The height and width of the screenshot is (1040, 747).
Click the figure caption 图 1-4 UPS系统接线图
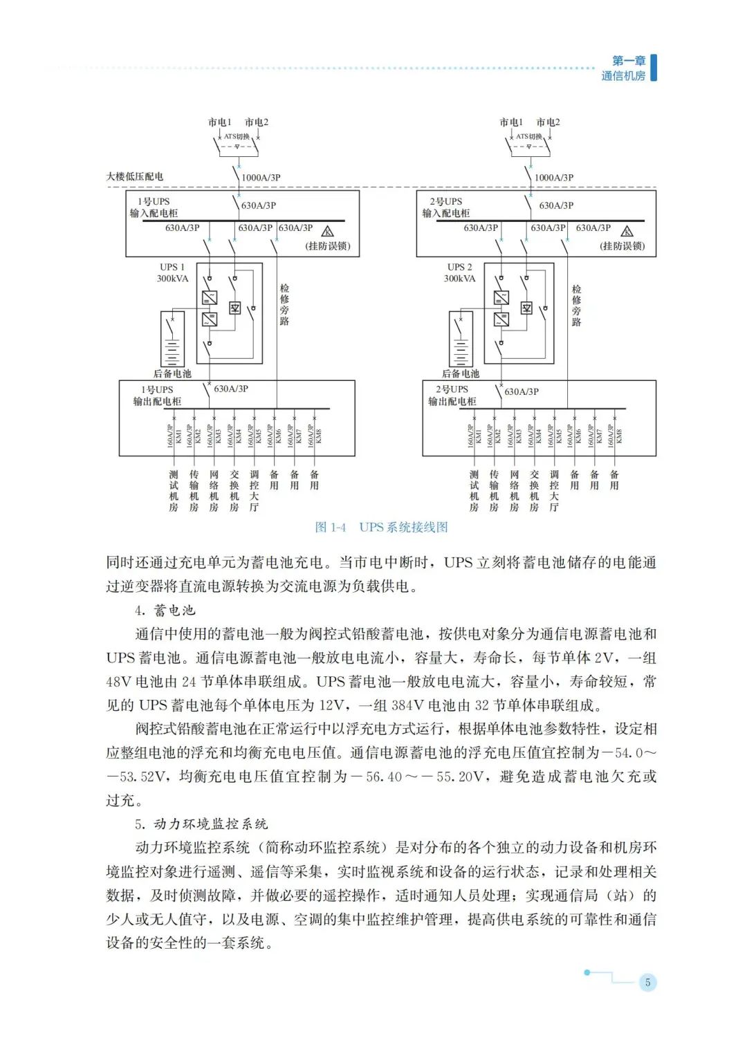coord(381,527)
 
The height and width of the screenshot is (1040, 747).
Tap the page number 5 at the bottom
coord(647,982)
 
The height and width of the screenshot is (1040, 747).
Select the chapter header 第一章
coord(628,61)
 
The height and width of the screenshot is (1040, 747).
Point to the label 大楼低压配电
coord(135,176)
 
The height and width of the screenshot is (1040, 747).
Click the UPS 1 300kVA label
coord(172,272)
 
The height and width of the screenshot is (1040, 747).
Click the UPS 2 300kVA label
coord(460,272)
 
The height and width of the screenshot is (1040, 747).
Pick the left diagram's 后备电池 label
coord(172,373)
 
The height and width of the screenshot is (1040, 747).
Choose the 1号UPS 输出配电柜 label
coord(157,396)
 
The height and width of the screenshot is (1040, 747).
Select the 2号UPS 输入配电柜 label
coord(446,207)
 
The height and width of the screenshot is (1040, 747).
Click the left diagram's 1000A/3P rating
coord(261,178)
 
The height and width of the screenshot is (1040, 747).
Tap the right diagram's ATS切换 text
coord(529,136)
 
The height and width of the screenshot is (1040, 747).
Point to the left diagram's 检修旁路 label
coord(284,304)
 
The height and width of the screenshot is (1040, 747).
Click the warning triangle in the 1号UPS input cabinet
coord(328,232)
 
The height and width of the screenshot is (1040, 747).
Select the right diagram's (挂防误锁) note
coord(622,245)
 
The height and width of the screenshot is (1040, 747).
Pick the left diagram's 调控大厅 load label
coord(254,491)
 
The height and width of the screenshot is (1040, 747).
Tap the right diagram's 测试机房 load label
coord(474,491)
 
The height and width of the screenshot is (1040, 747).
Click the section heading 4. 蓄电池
coord(165,610)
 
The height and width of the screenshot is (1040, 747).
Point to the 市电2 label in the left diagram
coord(257,122)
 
